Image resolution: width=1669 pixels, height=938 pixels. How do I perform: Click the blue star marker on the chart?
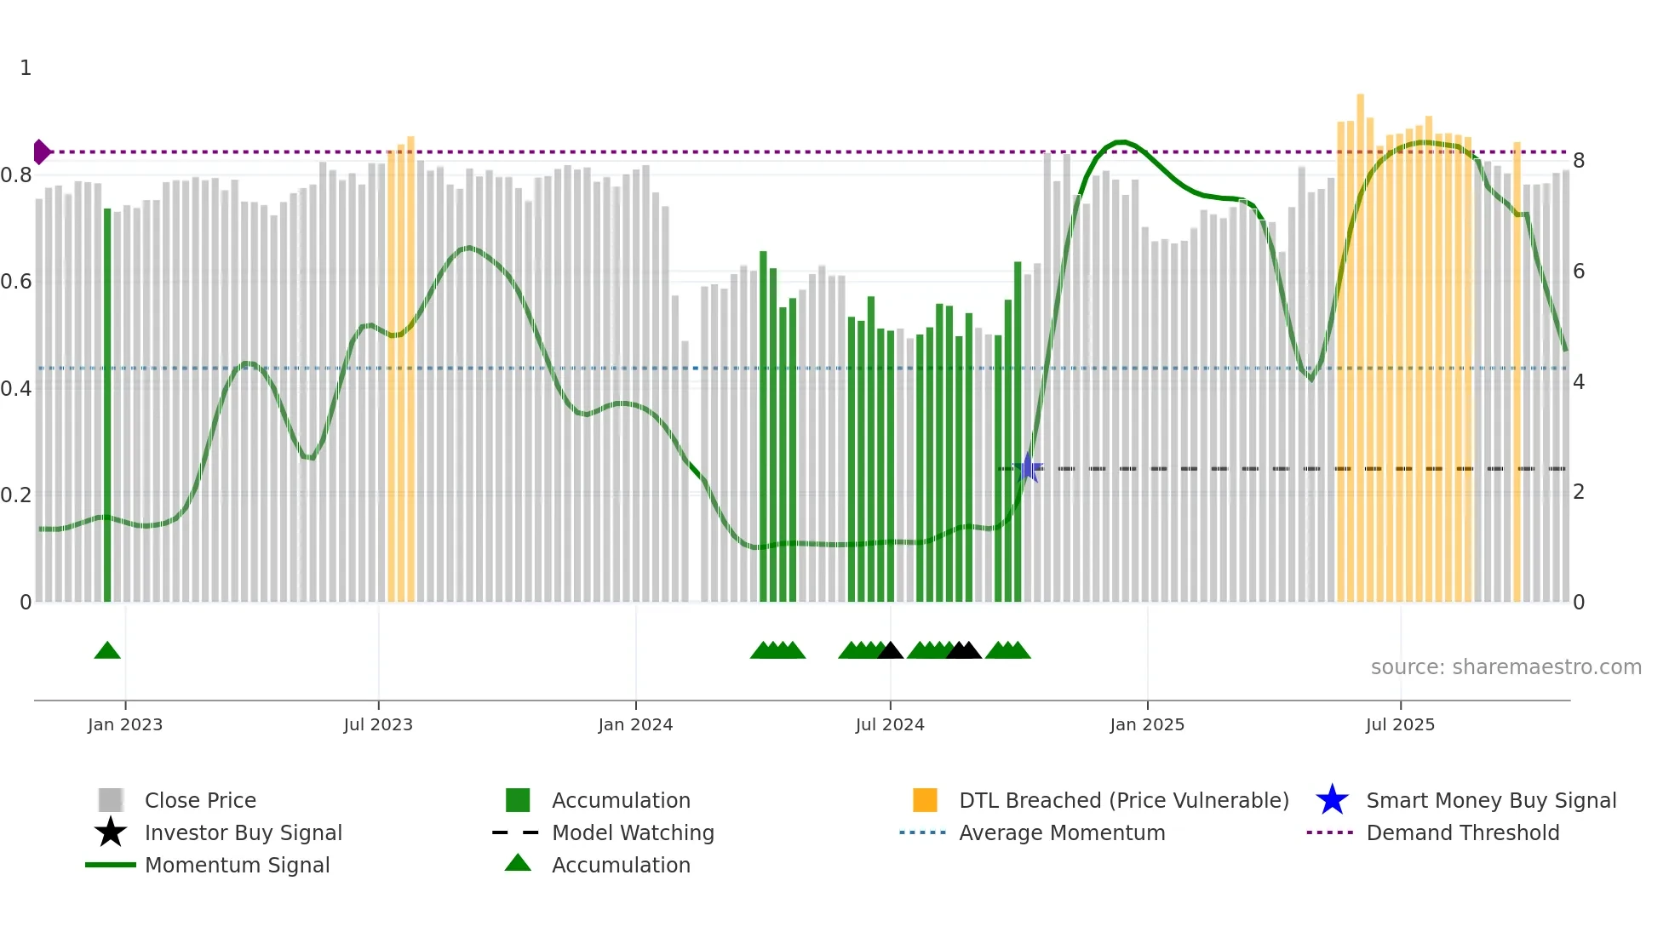coord(1029,468)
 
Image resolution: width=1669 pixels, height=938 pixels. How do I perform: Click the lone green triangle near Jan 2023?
coord(107,651)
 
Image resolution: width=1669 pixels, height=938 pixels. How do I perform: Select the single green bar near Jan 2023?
coord(107,409)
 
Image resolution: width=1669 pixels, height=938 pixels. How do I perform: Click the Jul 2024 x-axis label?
coord(890,724)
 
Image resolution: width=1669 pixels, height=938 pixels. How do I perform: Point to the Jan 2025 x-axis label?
coord(1147,724)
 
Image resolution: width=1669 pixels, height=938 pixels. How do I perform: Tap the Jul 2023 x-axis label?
coord(378,724)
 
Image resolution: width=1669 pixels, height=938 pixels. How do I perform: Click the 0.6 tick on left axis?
coord(17,282)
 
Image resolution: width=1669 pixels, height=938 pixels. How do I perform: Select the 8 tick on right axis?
coord(1579,161)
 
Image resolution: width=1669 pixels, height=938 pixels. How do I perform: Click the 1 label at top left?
coord(26,68)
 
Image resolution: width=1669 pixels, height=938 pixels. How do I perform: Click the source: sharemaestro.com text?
coord(1506,667)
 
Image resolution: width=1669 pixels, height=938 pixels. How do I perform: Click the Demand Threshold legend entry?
coord(1462,833)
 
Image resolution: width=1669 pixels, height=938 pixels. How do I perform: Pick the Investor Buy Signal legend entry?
coord(243,833)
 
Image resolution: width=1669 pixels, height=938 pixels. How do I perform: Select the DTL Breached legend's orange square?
coord(925,801)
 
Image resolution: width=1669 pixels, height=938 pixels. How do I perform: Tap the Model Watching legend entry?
coord(632,833)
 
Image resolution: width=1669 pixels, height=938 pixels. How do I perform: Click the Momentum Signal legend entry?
coord(237,866)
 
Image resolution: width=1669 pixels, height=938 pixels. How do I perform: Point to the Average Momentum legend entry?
coord(1061,833)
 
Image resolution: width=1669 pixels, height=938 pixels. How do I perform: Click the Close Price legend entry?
coord(199,801)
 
